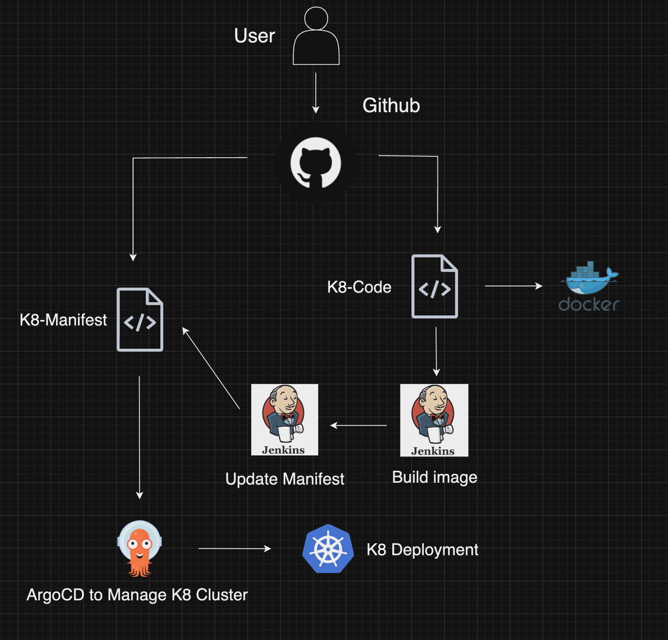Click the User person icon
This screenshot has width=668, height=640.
(316, 36)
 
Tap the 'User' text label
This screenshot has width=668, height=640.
(254, 36)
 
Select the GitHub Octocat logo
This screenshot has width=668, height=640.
(316, 163)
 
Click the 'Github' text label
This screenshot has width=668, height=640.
(391, 105)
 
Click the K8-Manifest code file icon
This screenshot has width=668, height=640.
(140, 320)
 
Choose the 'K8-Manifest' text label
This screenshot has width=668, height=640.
(63, 320)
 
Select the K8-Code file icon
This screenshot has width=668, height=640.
(435, 286)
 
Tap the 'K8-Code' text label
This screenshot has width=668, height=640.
(359, 287)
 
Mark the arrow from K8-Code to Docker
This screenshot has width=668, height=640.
(514, 286)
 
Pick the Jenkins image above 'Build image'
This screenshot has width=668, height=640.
(434, 420)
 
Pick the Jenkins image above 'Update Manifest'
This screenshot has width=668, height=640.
(285, 419)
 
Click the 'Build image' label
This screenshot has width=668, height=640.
(435, 477)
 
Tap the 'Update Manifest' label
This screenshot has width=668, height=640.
(285, 479)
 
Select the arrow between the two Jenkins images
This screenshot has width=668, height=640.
(359, 425)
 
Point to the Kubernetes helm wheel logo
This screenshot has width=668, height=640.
(328, 549)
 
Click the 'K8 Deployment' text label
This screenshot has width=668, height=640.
(422, 550)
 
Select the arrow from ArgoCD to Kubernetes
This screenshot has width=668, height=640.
(235, 549)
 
